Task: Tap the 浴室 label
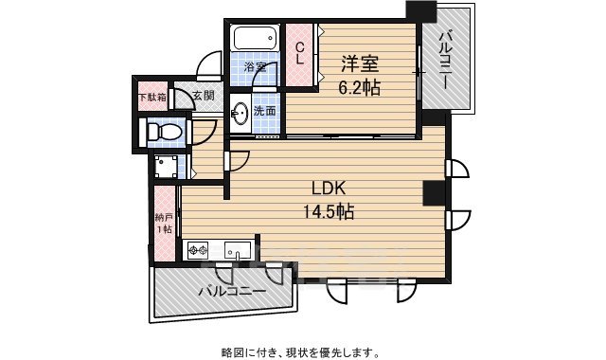(x=254, y=67)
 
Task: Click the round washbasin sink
(x=241, y=114)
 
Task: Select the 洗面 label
(x=265, y=111)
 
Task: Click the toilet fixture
(x=157, y=131)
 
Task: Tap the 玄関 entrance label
(x=204, y=95)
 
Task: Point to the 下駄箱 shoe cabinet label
(x=152, y=96)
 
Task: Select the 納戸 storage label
(x=165, y=222)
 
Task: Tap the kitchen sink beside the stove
(x=238, y=251)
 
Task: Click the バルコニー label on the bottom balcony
(x=233, y=292)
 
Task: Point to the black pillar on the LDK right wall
(x=434, y=192)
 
